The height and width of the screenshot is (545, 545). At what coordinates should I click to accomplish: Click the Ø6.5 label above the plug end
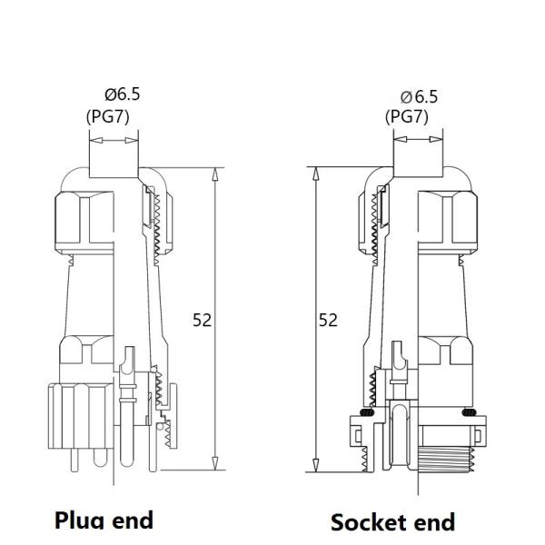[123, 94]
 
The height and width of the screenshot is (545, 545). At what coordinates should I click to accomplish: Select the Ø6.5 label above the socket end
[419, 96]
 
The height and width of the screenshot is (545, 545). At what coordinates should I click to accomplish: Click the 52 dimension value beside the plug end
[202, 320]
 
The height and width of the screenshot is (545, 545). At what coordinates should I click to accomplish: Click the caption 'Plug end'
[104, 520]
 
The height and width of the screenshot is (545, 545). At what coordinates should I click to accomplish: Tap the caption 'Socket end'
[392, 521]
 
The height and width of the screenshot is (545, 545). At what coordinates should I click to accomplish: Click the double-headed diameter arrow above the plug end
[114, 141]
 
